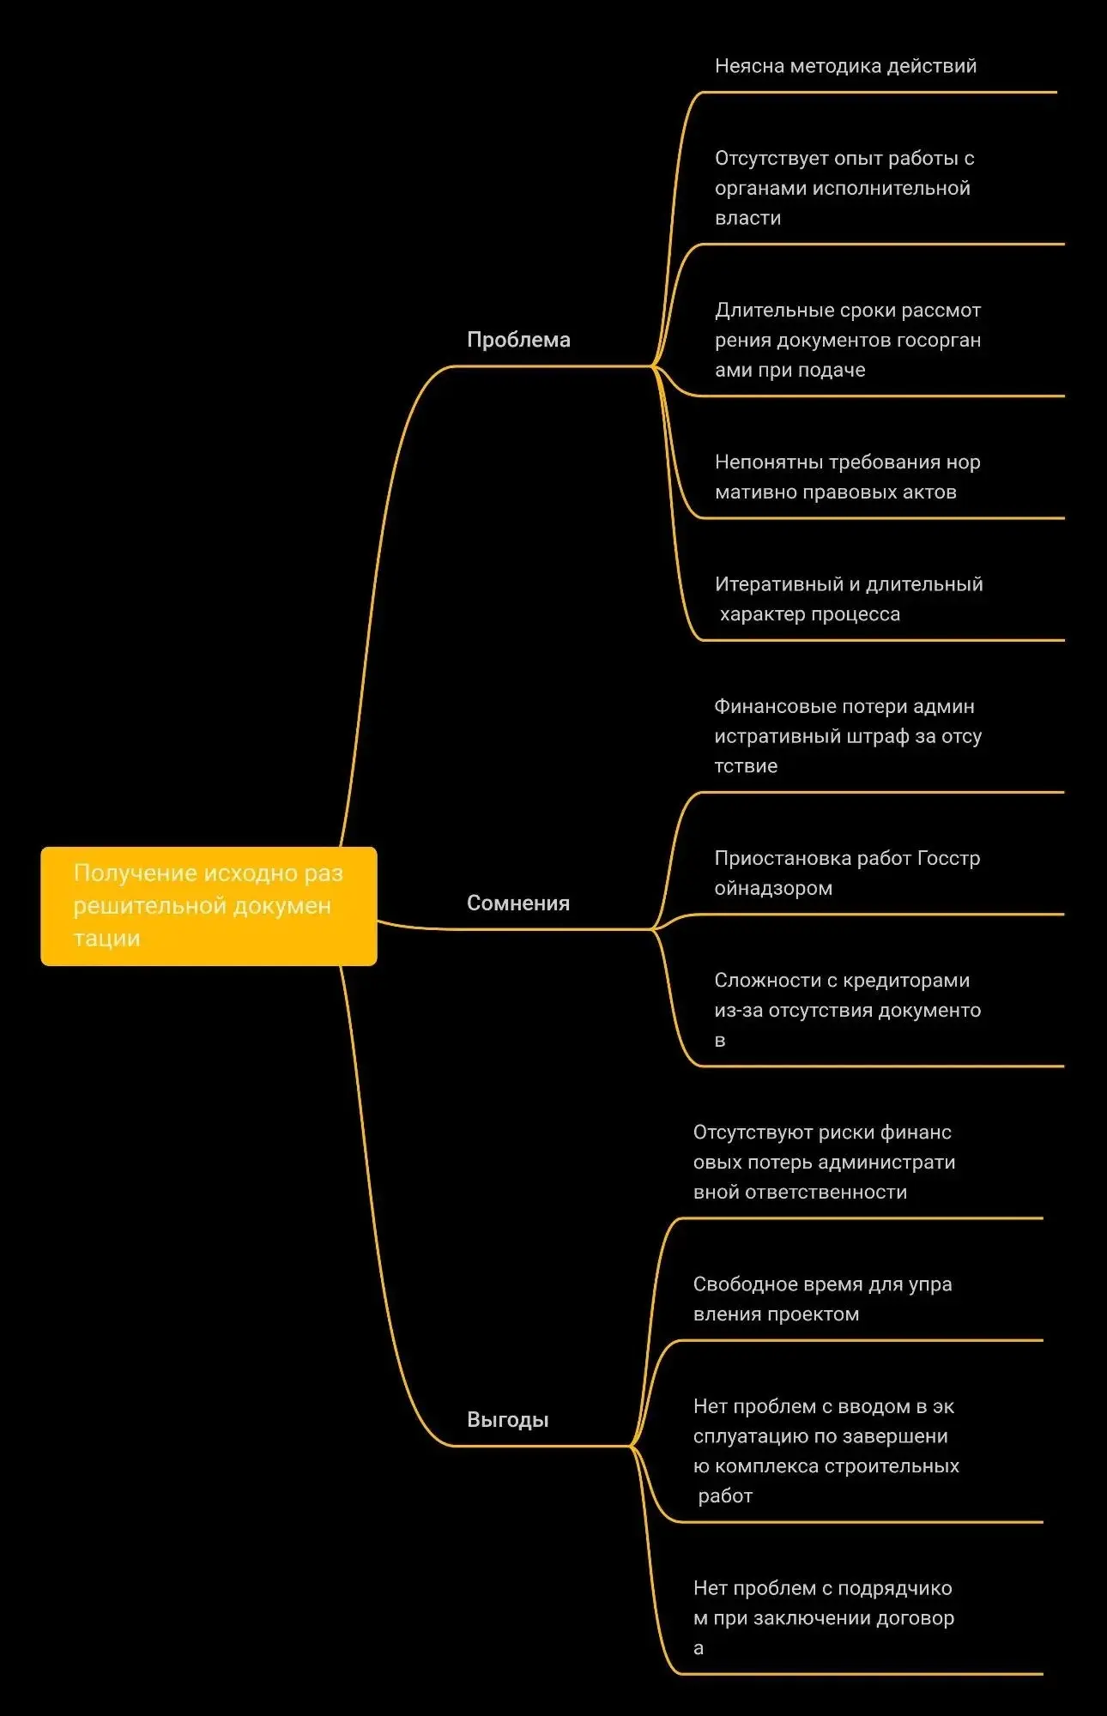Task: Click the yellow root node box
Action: click(x=209, y=906)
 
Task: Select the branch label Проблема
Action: click(x=518, y=340)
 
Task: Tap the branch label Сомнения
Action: click(x=518, y=903)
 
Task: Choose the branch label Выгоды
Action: click(x=508, y=1420)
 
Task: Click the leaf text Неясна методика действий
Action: click(x=846, y=66)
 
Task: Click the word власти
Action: click(x=748, y=218)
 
